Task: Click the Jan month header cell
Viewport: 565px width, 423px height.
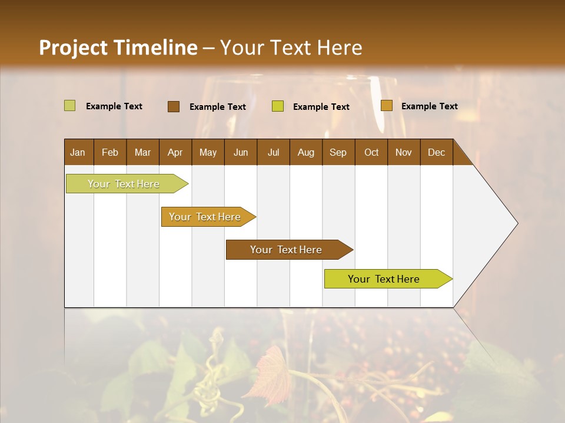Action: tap(78, 152)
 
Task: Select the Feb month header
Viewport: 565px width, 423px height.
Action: tap(110, 152)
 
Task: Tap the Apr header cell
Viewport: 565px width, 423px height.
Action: tap(175, 152)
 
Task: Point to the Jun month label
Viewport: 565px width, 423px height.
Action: tap(241, 152)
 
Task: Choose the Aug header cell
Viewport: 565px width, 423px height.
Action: tap(305, 152)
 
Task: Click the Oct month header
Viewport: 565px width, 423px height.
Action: tap(371, 152)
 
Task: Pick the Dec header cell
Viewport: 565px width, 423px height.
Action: tap(436, 152)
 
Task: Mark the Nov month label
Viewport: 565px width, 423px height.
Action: tap(403, 152)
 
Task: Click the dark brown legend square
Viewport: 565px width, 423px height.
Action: tap(174, 106)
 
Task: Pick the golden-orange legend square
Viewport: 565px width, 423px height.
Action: tap(386, 106)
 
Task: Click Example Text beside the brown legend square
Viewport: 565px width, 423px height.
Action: tap(217, 106)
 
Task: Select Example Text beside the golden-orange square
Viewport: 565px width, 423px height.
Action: tap(429, 106)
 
